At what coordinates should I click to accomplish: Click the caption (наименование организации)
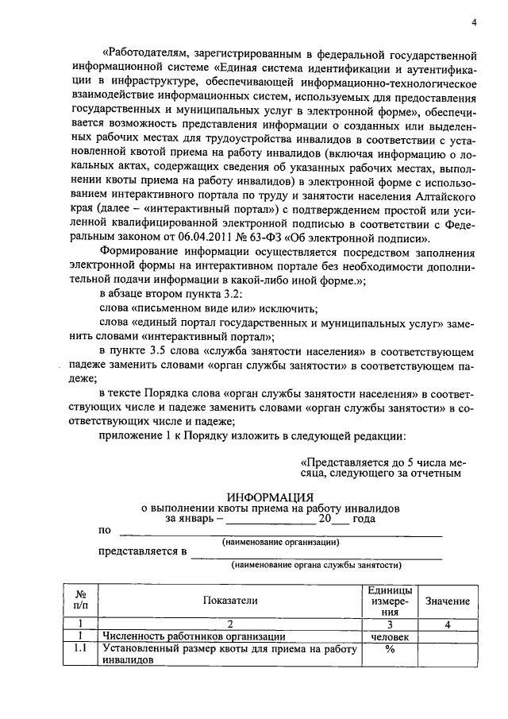279,543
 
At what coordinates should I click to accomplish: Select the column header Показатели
230,601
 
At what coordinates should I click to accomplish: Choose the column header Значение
448,601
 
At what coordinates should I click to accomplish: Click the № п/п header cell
79,601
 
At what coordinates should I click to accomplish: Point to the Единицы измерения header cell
390,601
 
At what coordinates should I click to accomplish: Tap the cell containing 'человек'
390,637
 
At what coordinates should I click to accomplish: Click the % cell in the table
390,649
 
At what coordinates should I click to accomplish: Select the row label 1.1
79,649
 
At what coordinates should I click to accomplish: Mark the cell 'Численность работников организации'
193,637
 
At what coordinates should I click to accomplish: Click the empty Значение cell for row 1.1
448,655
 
